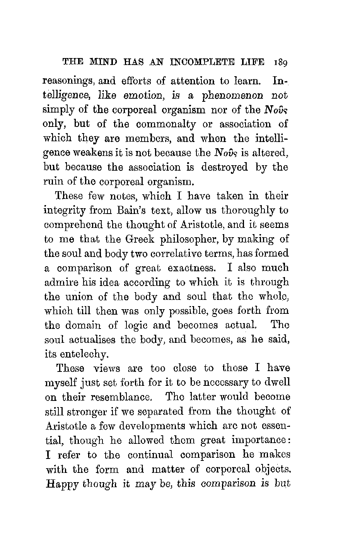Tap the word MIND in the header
click(x=97, y=62)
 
